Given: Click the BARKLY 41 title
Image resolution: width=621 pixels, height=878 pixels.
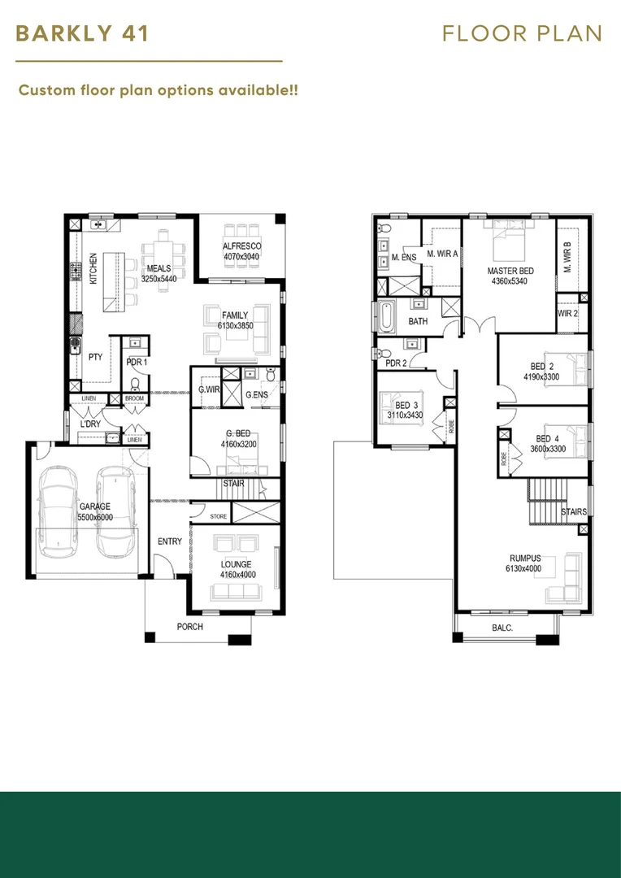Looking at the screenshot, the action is (x=82, y=33).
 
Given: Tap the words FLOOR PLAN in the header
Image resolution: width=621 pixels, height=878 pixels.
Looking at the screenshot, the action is (x=522, y=33).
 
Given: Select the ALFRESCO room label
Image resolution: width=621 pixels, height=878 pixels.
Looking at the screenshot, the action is (x=242, y=246).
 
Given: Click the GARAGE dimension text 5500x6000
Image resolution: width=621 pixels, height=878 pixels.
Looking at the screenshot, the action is (x=95, y=517).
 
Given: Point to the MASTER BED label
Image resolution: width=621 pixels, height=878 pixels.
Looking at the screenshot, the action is (x=510, y=271).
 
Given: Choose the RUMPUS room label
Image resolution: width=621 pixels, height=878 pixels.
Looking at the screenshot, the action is (x=525, y=559).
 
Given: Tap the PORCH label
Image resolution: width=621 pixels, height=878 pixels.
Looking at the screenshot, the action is (x=190, y=627).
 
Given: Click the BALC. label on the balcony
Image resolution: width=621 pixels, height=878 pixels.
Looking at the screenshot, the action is (x=502, y=628).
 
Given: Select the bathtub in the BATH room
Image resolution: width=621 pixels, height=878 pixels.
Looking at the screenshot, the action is (x=386, y=317).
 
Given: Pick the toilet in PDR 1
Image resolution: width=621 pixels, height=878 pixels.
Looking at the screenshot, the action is (x=135, y=384).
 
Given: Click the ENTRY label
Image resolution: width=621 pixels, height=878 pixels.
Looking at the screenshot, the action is (x=170, y=541).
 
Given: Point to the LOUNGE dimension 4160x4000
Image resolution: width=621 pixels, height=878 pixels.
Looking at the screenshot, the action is (x=237, y=575).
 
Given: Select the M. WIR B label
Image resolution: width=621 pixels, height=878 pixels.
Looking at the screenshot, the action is (x=567, y=257).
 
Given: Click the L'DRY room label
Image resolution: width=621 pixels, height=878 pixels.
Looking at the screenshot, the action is (x=89, y=424).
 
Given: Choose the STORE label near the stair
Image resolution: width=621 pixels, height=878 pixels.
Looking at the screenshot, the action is (x=219, y=516).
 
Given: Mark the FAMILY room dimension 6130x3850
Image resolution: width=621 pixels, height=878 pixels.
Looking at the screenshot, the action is (x=236, y=324).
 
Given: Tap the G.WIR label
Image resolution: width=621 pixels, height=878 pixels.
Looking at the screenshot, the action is (x=208, y=389).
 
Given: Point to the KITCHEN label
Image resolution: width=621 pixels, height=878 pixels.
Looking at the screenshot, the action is (x=93, y=268).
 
